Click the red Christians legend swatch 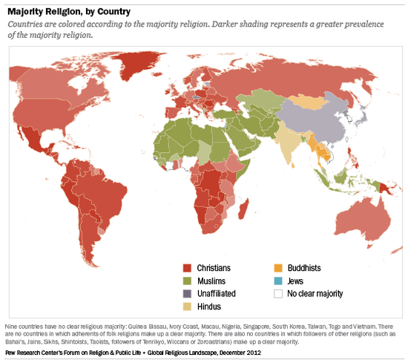coord(188,267)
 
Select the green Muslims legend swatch coord(188,281)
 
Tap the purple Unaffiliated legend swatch coord(188,293)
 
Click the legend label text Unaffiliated coord(220,293)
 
